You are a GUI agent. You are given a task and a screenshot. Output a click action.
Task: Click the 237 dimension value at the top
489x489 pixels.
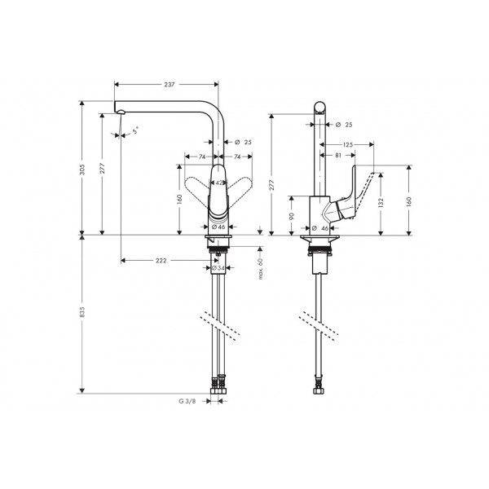pyautogui.click(x=170, y=85)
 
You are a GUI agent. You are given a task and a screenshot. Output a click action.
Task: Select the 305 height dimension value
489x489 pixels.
pyautogui.click(x=82, y=170)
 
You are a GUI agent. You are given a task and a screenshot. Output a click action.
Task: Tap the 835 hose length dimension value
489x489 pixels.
pyautogui.click(x=82, y=312)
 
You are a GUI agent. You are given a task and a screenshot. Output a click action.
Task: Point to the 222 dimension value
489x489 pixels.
pyautogui.click(x=161, y=261)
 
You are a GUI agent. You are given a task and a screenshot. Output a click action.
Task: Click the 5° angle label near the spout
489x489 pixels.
pyautogui.click(x=135, y=130)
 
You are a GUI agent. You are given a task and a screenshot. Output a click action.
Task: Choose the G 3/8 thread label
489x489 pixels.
pyautogui.click(x=187, y=401)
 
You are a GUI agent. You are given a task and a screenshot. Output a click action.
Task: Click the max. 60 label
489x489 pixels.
pyautogui.click(x=261, y=268)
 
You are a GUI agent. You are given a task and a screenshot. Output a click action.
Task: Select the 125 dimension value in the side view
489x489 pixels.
pyautogui.click(x=348, y=145)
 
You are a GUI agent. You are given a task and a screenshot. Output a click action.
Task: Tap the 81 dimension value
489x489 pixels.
pyautogui.click(x=338, y=156)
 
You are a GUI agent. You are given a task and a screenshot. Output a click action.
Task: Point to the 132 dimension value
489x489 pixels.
pyautogui.click(x=380, y=202)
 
